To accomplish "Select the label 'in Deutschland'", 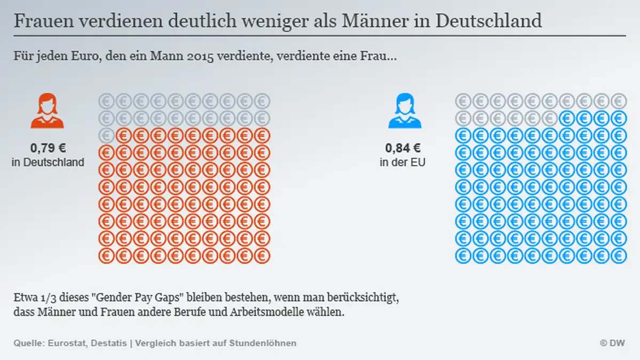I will [48, 162].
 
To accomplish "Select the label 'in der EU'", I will [403, 162].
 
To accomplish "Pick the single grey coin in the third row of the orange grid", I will [107, 135].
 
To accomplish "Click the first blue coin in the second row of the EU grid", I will [567, 118].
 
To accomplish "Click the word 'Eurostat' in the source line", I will [68, 343].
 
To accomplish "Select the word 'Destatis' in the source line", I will [108, 343].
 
